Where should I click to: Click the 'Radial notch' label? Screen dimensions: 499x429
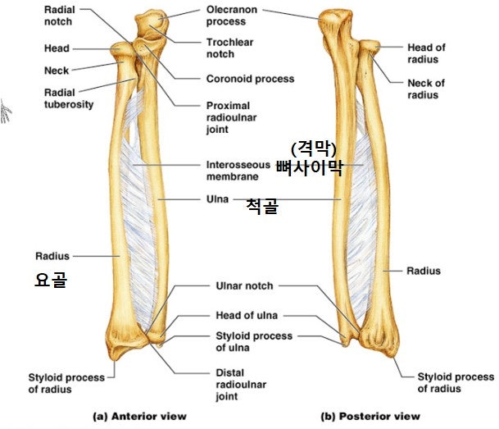(x=60, y=16)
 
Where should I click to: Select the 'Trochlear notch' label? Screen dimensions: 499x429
(x=229, y=48)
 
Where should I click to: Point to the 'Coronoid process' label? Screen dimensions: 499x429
(x=250, y=79)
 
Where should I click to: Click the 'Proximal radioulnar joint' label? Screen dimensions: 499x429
(x=231, y=117)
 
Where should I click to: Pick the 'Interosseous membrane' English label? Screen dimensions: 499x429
(x=238, y=171)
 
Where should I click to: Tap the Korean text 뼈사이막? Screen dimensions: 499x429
(x=310, y=167)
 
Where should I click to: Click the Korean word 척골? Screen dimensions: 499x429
(x=262, y=206)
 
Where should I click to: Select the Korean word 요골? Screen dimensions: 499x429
(x=51, y=280)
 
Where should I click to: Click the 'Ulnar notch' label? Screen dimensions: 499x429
(x=244, y=285)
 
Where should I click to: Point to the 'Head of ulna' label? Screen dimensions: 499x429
(x=247, y=315)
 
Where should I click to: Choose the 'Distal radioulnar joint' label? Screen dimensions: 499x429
(x=241, y=385)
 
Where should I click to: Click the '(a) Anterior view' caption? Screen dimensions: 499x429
(x=139, y=416)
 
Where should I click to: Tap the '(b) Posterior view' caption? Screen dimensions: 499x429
(x=370, y=416)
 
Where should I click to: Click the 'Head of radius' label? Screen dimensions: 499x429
(x=426, y=53)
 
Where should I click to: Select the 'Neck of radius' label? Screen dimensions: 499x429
(x=426, y=89)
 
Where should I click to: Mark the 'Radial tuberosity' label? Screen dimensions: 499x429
(x=69, y=98)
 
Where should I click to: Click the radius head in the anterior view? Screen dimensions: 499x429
(x=121, y=50)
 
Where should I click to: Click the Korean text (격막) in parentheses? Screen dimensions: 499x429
(x=314, y=148)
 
